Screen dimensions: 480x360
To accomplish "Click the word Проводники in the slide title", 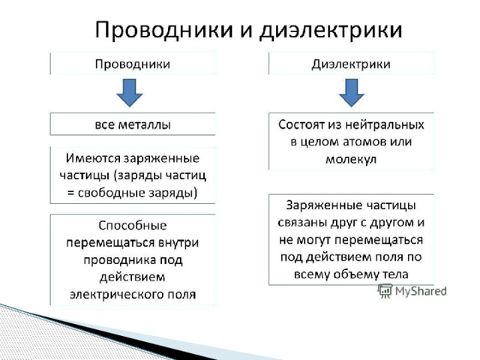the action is click(163, 31).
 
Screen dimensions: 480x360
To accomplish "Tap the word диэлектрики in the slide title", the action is click(331, 31).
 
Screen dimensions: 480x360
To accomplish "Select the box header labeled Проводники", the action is click(133, 64).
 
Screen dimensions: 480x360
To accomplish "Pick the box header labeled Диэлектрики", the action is click(351, 64).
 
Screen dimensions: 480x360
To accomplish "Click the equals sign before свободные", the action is click(70, 193).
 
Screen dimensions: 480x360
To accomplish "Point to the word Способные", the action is click(133, 226).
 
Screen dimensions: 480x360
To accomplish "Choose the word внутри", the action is click(178, 243).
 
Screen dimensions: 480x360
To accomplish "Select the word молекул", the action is click(351, 160).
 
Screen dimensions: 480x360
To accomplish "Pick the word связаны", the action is click(302, 222).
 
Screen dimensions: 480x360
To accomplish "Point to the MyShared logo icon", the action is click(385, 290).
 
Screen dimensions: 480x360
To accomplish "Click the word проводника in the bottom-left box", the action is click(120, 260).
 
